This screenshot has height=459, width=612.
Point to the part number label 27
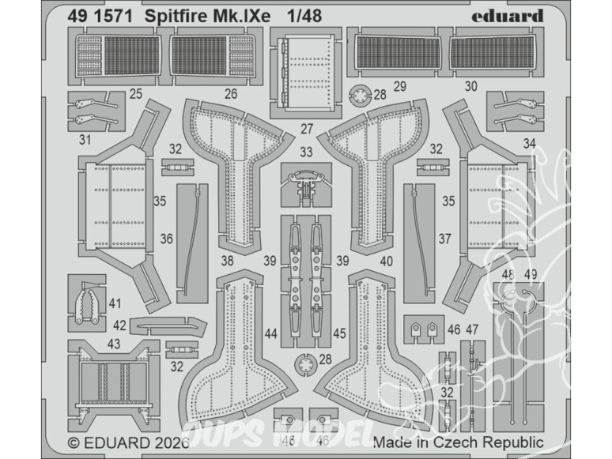tap(306, 129)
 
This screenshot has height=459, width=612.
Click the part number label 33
tap(306, 152)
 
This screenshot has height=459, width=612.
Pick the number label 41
tap(116, 303)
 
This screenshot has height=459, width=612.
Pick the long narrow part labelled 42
tap(161, 322)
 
